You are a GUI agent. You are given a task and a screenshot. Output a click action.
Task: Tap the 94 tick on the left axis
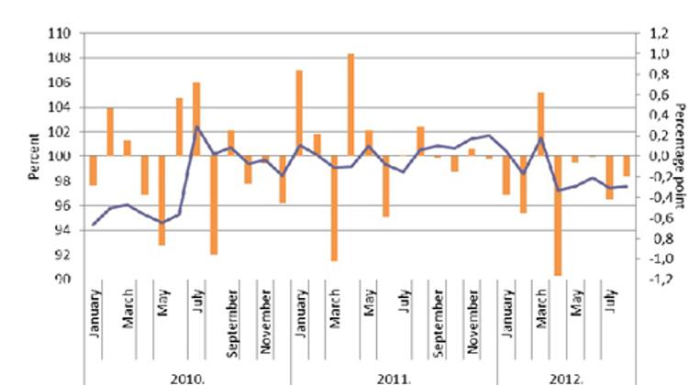[62, 230]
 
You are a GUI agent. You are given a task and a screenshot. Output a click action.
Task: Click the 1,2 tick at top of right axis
[657, 34]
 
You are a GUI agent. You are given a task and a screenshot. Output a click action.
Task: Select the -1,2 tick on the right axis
[657, 280]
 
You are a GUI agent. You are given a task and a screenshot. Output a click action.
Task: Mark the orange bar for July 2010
[196, 119]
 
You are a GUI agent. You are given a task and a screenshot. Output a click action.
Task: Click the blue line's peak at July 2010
[196, 126]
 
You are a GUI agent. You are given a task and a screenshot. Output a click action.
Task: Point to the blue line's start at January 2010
[94, 225]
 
